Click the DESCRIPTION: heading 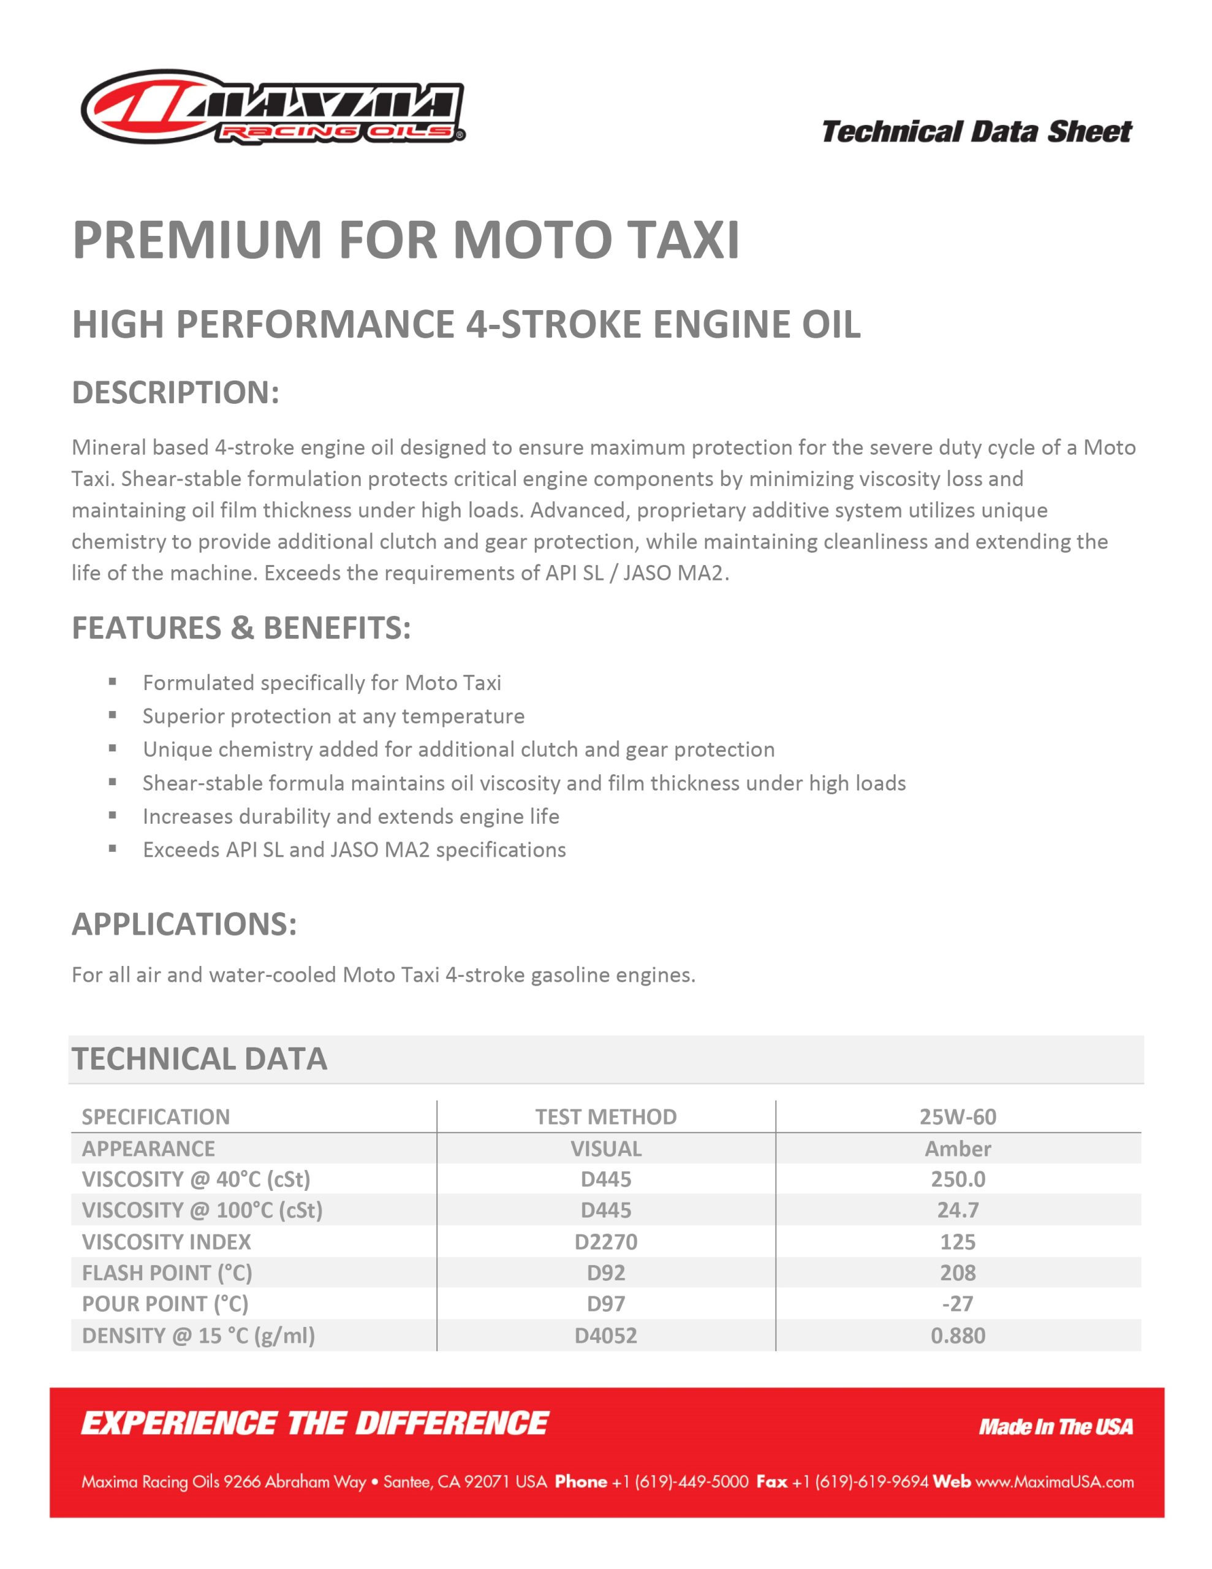coord(175,392)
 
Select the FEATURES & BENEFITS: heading coord(241,628)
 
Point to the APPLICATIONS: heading coord(184,924)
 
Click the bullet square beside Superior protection coord(113,715)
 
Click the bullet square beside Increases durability coord(113,815)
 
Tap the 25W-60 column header coord(958,1117)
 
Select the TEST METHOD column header coord(605,1117)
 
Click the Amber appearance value coord(958,1149)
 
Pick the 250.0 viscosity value coord(958,1179)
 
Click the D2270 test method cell coord(605,1241)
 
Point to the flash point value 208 coord(958,1272)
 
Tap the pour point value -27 coord(958,1303)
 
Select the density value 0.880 coord(958,1335)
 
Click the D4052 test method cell coord(605,1335)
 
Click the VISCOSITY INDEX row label coord(167,1241)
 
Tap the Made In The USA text coord(1055,1427)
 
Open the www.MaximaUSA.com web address coord(1055,1482)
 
